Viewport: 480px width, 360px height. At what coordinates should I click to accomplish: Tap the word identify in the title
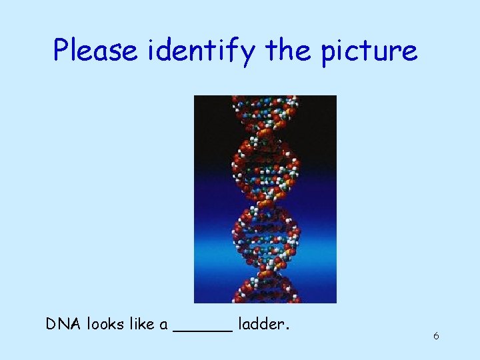pyautogui.click(x=203, y=51)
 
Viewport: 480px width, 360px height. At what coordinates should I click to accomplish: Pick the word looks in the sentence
pyautogui.click(x=105, y=324)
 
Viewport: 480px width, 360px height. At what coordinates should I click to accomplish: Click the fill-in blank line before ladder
pyautogui.click(x=203, y=329)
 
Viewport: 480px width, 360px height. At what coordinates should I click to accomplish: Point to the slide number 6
pyautogui.click(x=436, y=336)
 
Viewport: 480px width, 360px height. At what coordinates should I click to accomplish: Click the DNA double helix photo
pyautogui.click(x=265, y=199)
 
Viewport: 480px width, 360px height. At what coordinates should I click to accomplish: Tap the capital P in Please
pyautogui.click(x=62, y=50)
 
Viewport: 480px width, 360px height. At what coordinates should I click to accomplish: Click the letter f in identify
pyautogui.click(x=235, y=50)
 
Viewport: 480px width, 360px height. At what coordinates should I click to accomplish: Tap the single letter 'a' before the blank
pyautogui.click(x=163, y=325)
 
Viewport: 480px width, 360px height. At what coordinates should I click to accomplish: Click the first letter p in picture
pyautogui.click(x=329, y=53)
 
